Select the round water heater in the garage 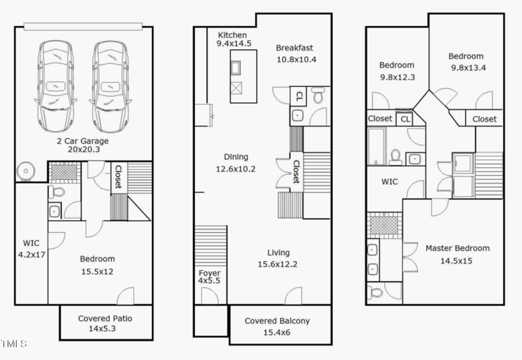click(x=25, y=171)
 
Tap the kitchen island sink click(x=237, y=68)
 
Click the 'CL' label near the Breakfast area click(x=299, y=96)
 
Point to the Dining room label click(x=236, y=157)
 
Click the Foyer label click(x=209, y=273)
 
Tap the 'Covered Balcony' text click(x=277, y=321)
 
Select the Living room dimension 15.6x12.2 click(x=278, y=265)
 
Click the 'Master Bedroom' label click(x=457, y=248)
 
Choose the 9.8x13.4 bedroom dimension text click(x=466, y=68)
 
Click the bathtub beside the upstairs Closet click(x=376, y=147)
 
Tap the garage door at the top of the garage click(x=82, y=26)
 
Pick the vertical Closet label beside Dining click(x=296, y=172)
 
